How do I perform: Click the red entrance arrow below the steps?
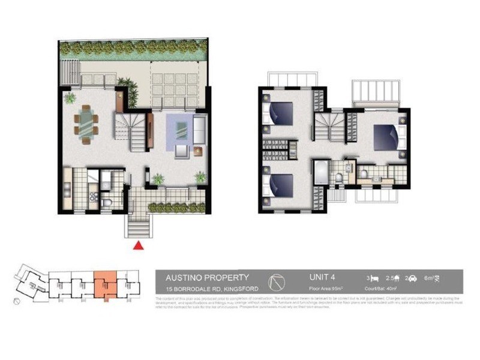click(139, 245)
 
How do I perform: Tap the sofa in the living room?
click(199, 129)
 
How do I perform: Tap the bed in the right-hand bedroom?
click(386, 137)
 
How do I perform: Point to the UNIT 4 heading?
click(323, 277)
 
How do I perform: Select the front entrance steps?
click(139, 226)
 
